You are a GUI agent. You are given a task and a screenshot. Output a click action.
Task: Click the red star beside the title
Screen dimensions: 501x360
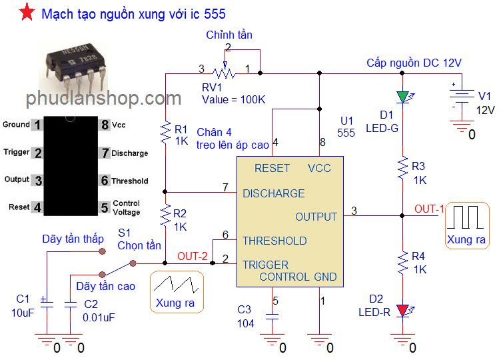pos(27,12)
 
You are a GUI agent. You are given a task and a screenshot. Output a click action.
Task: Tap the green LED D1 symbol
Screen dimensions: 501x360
pos(403,97)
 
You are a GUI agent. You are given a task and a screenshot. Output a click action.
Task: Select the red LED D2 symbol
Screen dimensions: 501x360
pos(403,311)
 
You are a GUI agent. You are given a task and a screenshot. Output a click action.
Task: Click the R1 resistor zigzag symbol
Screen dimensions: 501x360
pos(165,133)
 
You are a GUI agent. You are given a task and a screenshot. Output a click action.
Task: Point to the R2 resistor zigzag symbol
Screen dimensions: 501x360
pos(165,215)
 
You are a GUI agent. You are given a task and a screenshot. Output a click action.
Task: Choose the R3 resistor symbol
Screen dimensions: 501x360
pos(402,168)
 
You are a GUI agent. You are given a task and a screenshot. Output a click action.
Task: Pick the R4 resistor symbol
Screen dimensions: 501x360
pos(402,263)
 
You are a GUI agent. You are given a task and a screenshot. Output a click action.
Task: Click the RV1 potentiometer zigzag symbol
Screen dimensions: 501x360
pos(225,73)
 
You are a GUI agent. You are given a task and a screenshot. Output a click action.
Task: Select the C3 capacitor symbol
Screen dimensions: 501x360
pos(272,317)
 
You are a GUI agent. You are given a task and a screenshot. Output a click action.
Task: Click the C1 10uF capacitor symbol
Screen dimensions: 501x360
pos(47,303)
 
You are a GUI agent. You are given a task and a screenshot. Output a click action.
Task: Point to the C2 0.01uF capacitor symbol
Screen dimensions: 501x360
pos(71,305)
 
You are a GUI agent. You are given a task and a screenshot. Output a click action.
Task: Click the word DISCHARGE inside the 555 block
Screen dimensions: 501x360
pos(274,193)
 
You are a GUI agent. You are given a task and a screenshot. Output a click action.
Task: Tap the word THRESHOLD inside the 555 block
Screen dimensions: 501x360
pos(274,241)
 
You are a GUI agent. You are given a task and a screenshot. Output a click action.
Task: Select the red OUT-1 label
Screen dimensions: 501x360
pos(429,209)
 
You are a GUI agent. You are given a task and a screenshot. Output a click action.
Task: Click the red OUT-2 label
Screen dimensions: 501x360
pos(193,256)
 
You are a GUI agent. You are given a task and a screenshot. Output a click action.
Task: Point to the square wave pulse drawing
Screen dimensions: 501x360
pos(465,217)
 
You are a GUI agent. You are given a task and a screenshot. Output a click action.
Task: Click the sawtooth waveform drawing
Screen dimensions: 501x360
pos(176,284)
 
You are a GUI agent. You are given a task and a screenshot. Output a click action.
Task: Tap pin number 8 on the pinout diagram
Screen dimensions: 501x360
pos(105,125)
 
